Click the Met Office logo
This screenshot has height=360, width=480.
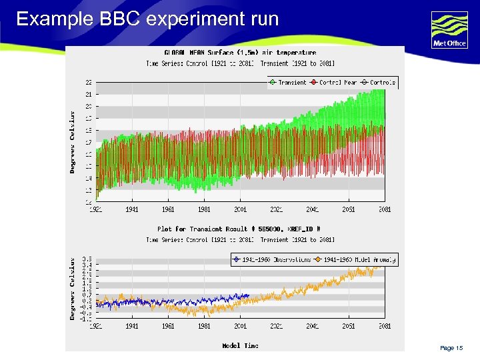(x=449, y=30)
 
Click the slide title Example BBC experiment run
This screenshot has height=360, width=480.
(x=147, y=19)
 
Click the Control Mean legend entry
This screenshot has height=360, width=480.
(x=338, y=83)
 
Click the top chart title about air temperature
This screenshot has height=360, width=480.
(x=240, y=52)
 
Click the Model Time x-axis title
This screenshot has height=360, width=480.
(x=240, y=345)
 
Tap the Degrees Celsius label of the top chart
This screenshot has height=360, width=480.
(x=73, y=142)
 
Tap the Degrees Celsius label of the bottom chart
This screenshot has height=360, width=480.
(x=73, y=287)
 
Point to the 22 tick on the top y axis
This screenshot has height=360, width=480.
(x=89, y=83)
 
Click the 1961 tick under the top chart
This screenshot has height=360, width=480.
(x=168, y=209)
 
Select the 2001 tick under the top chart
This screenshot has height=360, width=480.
(x=240, y=209)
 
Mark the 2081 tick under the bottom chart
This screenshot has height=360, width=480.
(x=384, y=326)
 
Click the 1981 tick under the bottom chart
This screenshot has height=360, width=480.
(x=204, y=326)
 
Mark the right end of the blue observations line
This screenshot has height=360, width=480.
(x=249, y=295)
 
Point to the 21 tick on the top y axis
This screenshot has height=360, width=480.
(x=89, y=95)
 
